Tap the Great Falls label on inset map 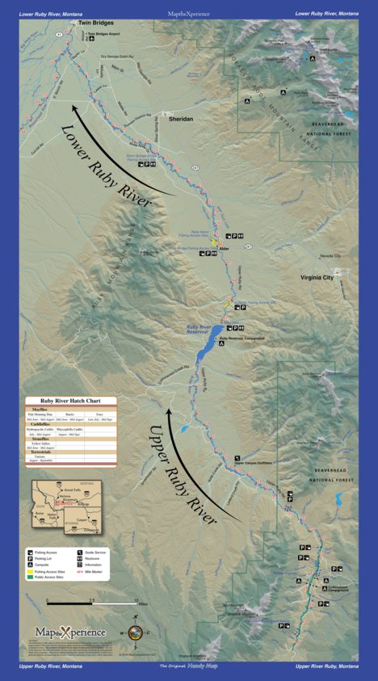(x=71, y=490)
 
